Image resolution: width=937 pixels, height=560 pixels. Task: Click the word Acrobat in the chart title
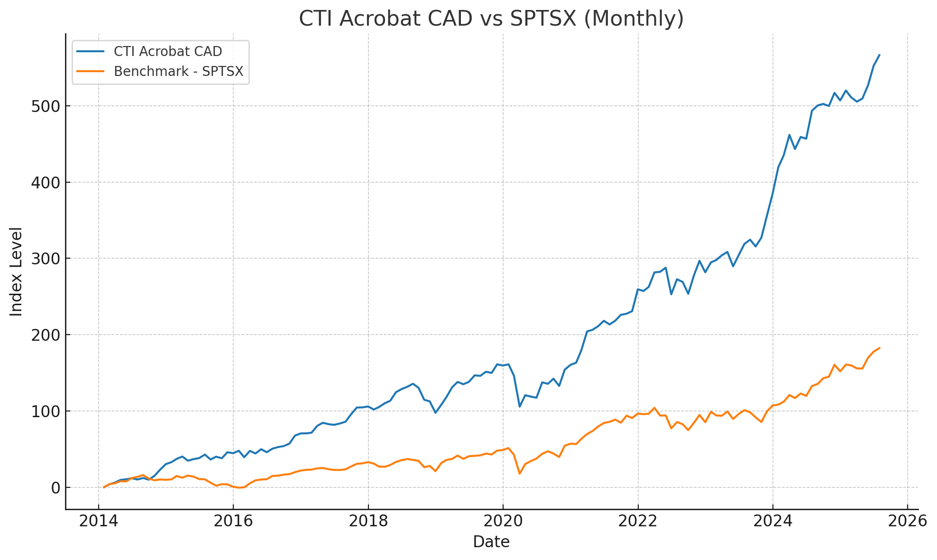380,19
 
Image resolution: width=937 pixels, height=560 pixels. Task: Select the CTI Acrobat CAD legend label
168,51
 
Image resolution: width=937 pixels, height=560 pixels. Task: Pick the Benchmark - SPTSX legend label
178,71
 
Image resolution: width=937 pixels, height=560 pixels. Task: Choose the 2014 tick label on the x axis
98,521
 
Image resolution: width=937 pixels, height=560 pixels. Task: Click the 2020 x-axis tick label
503,521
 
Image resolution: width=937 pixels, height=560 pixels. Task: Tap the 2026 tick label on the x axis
907,521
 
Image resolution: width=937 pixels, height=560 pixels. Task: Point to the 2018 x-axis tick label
368,521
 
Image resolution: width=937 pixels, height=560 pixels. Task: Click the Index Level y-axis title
17,271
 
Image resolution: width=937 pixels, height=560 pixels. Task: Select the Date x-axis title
491,542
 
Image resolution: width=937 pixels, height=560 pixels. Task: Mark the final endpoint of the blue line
880,55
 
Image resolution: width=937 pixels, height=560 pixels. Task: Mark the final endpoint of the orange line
880,348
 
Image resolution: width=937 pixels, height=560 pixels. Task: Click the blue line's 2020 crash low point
519,407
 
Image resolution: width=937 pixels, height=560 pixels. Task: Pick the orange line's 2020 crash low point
519,474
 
